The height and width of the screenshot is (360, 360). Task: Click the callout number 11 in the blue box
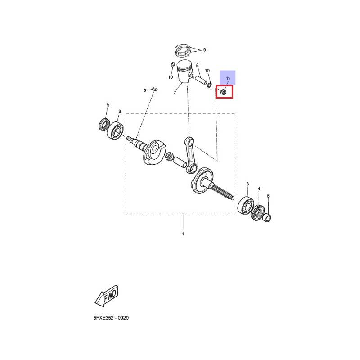[228, 78]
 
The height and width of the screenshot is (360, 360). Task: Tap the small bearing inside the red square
[223, 92]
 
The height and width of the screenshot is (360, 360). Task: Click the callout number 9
[204, 50]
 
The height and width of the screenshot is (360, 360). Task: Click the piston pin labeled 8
[201, 80]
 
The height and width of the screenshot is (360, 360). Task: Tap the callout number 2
[145, 90]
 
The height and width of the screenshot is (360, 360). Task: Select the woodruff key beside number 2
[154, 88]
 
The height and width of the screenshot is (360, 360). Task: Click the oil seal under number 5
[105, 125]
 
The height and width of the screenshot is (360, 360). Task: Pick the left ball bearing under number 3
[116, 131]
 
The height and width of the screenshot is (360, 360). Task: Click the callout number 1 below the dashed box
[183, 234]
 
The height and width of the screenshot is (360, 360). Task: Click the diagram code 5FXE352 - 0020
[111, 318]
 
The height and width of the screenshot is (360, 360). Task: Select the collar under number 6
[267, 218]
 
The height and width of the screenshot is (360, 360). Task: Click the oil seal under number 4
[257, 212]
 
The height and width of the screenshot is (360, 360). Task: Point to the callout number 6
[268, 196]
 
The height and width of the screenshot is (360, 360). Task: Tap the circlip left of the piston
[173, 65]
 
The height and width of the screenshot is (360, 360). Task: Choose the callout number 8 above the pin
[197, 66]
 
